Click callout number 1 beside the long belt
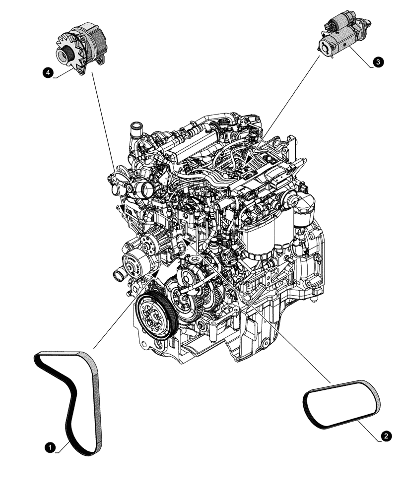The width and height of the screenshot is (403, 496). tap(49, 447)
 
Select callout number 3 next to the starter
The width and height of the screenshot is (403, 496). tap(378, 62)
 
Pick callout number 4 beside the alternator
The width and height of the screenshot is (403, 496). tap(48, 73)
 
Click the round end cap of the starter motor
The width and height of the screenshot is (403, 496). tap(326, 46)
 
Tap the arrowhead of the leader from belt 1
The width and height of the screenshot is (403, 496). tap(157, 272)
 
